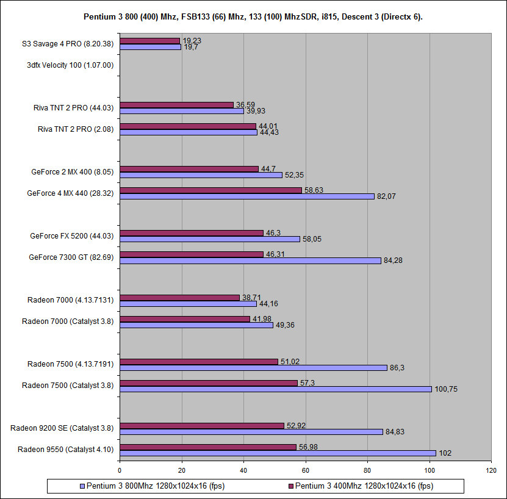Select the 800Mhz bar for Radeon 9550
click(278, 453)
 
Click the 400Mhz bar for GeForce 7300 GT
click(192, 254)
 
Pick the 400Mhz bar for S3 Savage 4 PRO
click(149, 41)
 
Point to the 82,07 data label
click(386, 196)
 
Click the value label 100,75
click(446, 389)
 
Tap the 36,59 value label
click(245, 104)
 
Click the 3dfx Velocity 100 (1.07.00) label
click(70, 65)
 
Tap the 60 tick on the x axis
click(306, 470)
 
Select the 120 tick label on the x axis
click(492, 470)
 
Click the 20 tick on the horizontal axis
click(182, 470)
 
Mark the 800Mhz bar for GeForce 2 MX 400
click(201, 175)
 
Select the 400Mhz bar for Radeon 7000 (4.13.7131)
click(179, 297)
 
